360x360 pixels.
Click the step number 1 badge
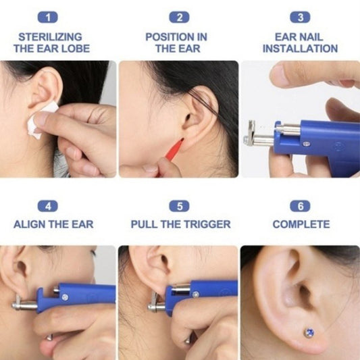[48, 17]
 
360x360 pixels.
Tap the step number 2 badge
[179, 17]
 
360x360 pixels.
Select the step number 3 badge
[300, 17]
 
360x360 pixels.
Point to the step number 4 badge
[48, 206]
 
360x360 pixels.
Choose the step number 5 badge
[179, 206]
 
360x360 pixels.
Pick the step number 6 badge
[300, 206]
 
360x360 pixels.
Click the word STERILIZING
[50, 37]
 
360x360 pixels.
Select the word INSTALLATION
[301, 49]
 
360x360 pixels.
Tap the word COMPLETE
[301, 224]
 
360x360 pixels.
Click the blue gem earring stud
[309, 333]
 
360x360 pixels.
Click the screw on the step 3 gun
[306, 144]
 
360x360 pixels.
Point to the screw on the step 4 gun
[65, 297]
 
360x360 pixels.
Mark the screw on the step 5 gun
[196, 294]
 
